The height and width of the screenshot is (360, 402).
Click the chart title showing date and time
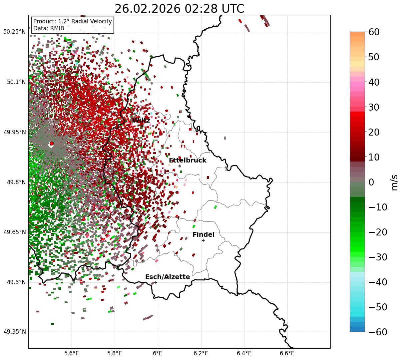(x=179, y=9)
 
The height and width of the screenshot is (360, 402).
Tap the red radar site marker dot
(x=52, y=144)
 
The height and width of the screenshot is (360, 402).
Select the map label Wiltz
(x=141, y=120)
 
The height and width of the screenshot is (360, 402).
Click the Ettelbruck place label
(x=188, y=161)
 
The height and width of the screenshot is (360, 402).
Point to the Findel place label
(x=203, y=235)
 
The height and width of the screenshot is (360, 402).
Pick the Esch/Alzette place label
(x=168, y=277)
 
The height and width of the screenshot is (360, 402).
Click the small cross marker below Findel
(x=203, y=240)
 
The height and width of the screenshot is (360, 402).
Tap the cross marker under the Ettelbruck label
(x=180, y=166)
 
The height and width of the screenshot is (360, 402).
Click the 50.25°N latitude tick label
(x=14, y=32)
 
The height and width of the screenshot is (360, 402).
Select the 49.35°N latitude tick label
(x=14, y=332)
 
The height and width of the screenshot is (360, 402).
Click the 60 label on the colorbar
(x=374, y=32)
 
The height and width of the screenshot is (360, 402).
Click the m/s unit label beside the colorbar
(x=394, y=182)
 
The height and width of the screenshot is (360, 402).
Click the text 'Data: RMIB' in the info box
(x=49, y=28)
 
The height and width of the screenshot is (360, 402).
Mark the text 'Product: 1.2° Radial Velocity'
(x=73, y=21)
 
